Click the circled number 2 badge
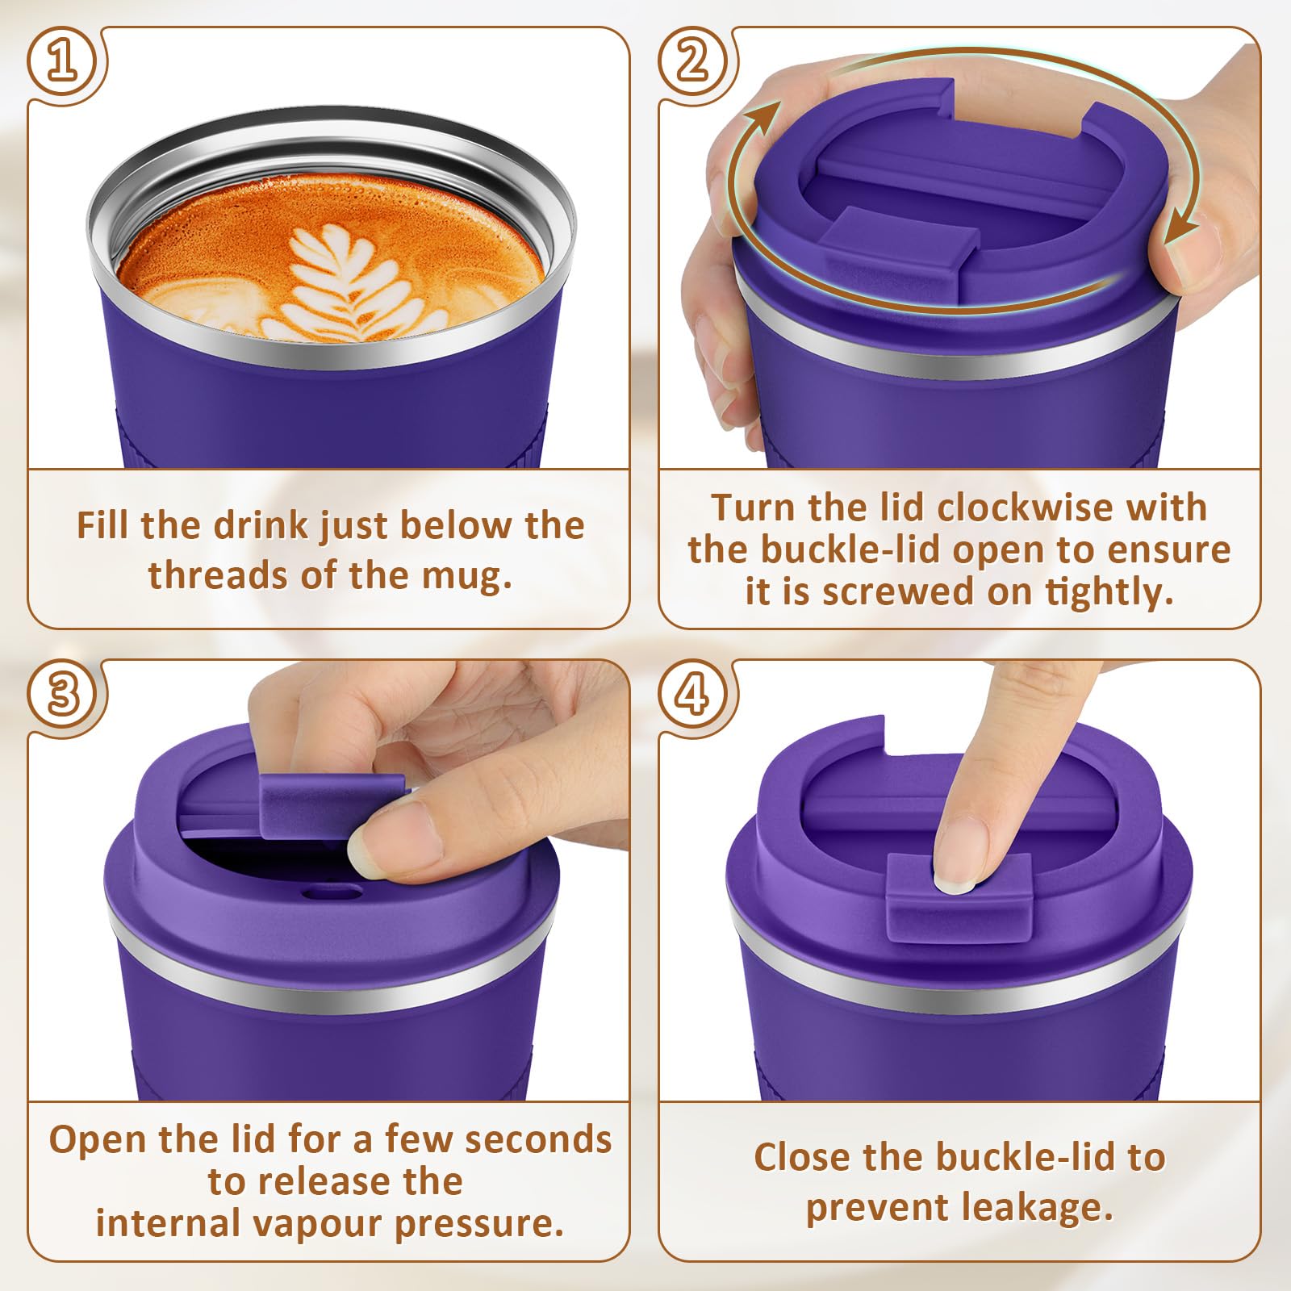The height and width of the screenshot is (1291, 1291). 693,61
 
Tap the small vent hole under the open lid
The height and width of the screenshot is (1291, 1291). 332,892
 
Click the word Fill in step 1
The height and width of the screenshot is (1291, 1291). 104,525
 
